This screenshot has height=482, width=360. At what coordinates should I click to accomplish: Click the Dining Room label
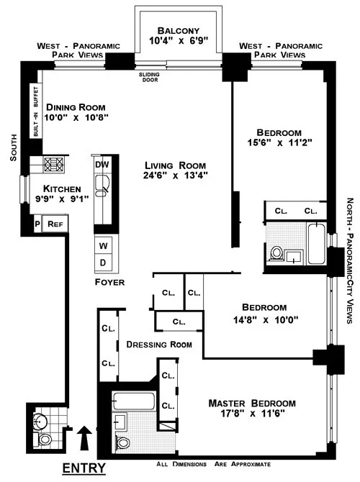click(73, 107)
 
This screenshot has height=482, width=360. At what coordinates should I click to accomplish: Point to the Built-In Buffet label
click(35, 112)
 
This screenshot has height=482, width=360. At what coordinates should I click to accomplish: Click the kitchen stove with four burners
click(55, 165)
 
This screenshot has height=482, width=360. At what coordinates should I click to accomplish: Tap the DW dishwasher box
click(102, 164)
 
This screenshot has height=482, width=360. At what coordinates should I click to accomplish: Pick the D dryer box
click(102, 262)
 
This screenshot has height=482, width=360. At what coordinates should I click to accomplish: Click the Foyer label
click(109, 283)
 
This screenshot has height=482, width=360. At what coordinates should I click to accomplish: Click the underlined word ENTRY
click(84, 468)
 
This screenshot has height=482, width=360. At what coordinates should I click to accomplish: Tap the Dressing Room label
click(158, 345)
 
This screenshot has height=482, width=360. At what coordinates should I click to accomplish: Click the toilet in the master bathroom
click(122, 442)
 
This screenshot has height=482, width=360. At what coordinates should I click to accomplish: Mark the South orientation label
click(12, 151)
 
